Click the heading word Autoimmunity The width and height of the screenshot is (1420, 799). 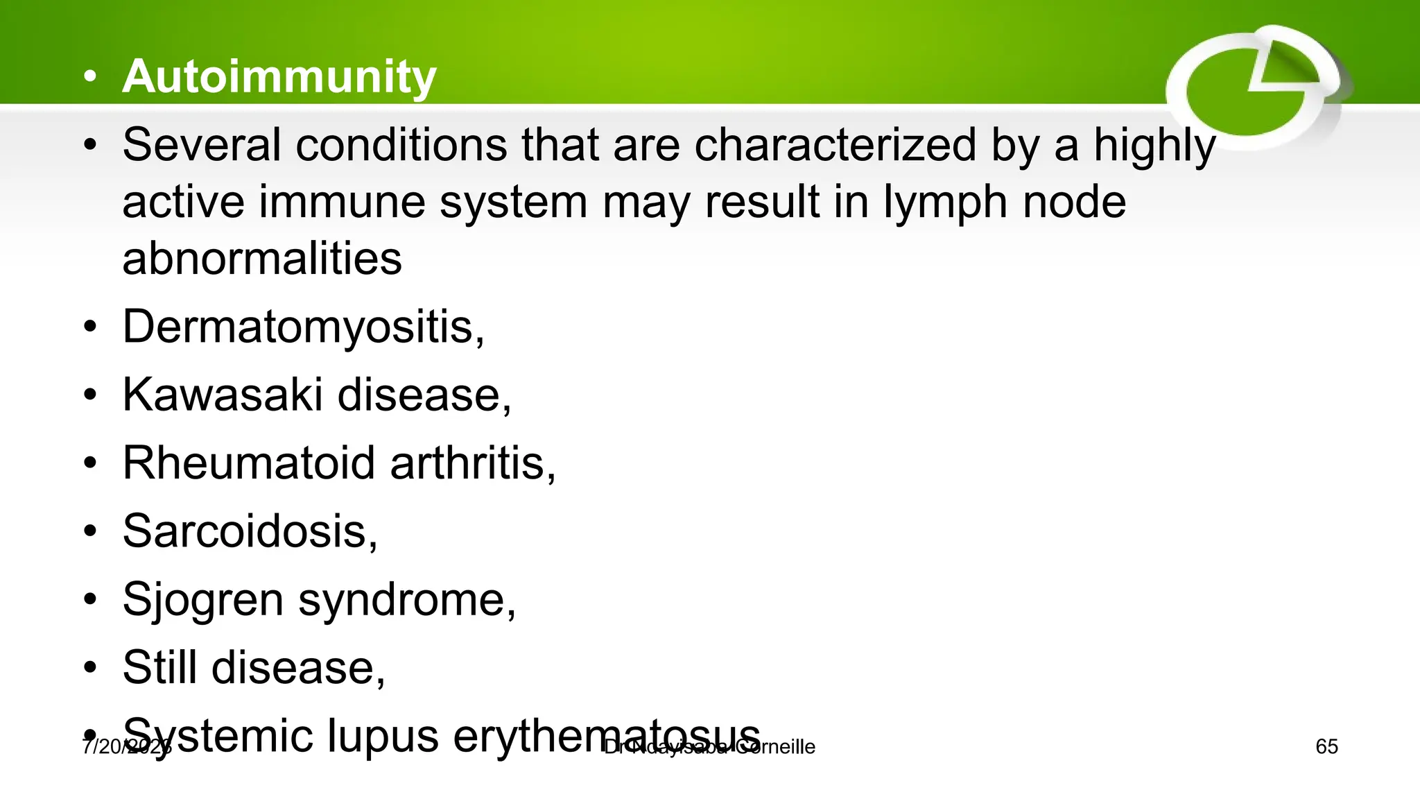click(x=279, y=76)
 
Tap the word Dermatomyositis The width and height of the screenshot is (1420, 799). click(x=298, y=326)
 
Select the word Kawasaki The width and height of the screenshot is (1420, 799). click(x=222, y=395)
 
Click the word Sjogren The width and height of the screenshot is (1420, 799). click(x=202, y=599)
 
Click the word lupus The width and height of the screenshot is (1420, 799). click(x=382, y=735)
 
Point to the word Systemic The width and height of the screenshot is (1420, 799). click(x=217, y=735)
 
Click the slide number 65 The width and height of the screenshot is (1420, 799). click(x=1326, y=747)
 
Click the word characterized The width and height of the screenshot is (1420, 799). click(x=835, y=145)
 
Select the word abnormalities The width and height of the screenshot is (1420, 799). click(x=262, y=259)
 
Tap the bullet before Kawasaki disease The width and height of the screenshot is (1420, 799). click(x=90, y=395)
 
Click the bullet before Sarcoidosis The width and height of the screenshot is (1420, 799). click(x=90, y=531)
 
